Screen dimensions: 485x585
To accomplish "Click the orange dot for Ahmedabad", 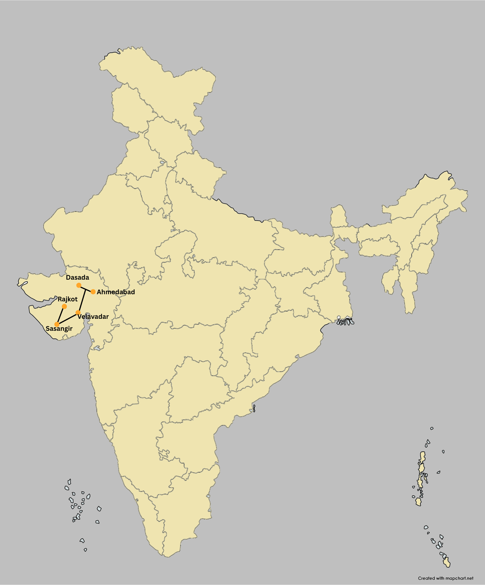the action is (x=93, y=292).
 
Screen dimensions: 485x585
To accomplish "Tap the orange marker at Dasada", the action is (x=79, y=285).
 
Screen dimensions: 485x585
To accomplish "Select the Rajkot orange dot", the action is (x=64, y=306).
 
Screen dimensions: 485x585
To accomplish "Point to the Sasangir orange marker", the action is (x=57, y=324).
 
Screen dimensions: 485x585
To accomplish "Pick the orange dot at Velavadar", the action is (x=78, y=312).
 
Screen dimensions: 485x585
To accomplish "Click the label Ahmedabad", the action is (x=116, y=292).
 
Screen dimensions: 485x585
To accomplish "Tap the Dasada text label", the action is (x=77, y=277).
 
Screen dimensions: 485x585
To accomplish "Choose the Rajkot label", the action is (x=68, y=299).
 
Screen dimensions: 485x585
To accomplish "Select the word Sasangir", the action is (x=59, y=328).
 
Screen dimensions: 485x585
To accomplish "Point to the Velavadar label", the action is (x=93, y=316).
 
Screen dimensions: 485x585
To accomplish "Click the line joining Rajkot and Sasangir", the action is (x=61, y=315).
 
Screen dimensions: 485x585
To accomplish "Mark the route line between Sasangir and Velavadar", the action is (x=67, y=318).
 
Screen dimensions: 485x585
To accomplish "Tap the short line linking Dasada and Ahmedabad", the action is (x=86, y=289).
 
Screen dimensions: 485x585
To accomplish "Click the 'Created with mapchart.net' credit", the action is (x=446, y=578).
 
